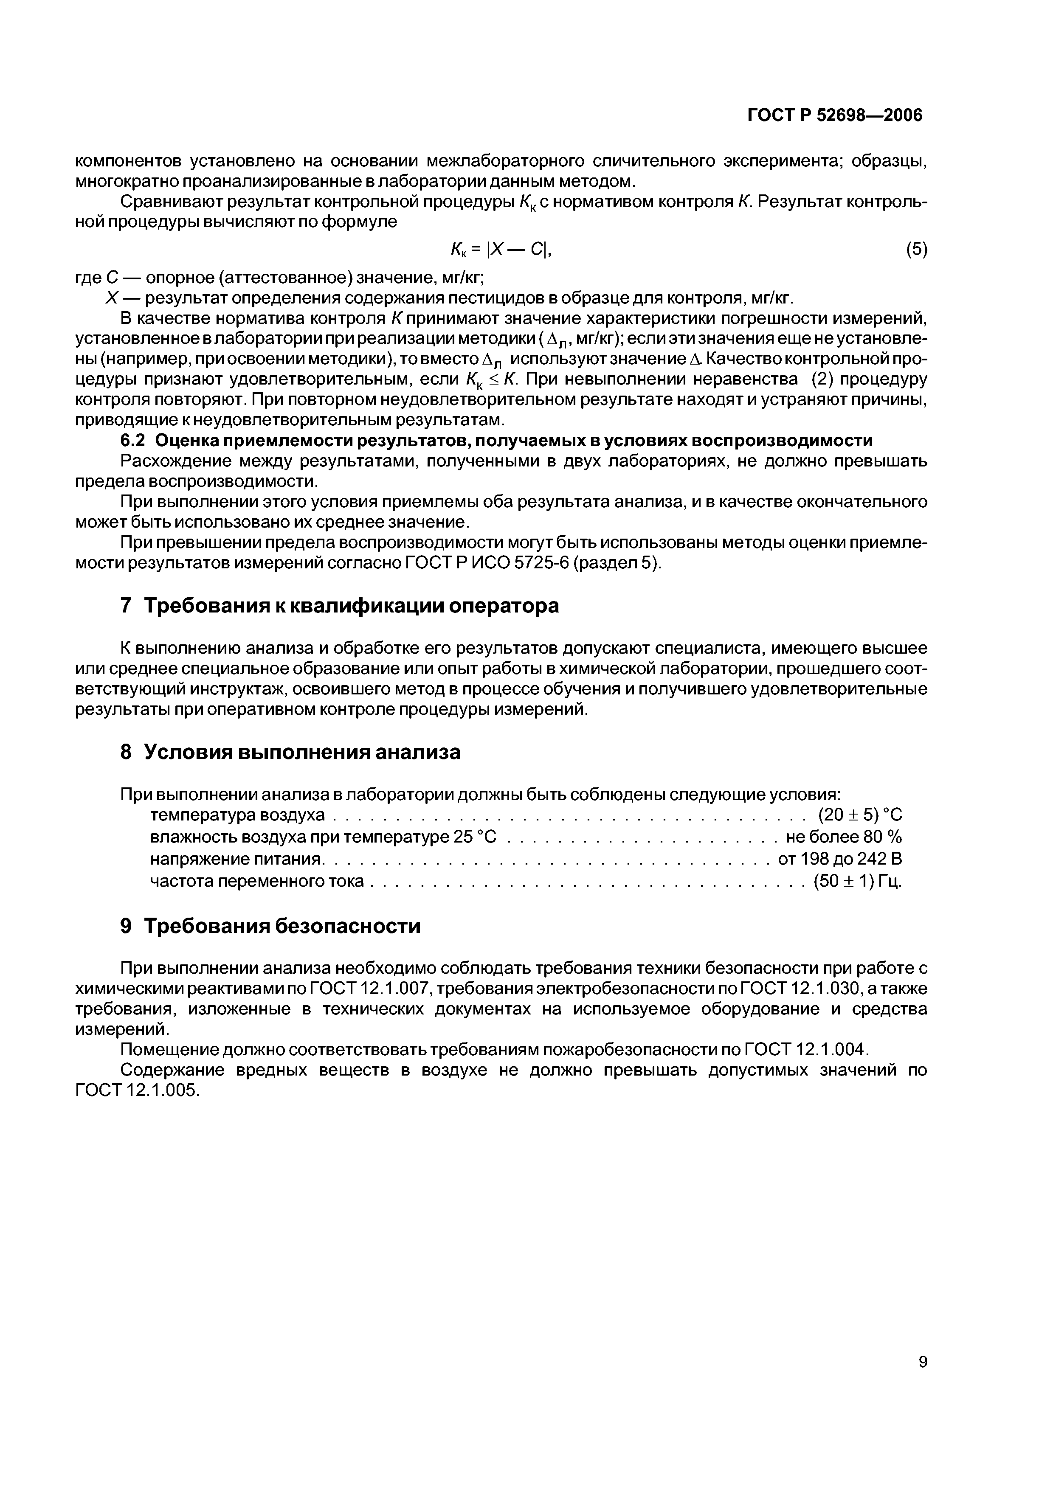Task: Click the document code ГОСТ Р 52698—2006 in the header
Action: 835,115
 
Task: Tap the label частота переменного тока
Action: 257,882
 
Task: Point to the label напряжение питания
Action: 236,859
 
